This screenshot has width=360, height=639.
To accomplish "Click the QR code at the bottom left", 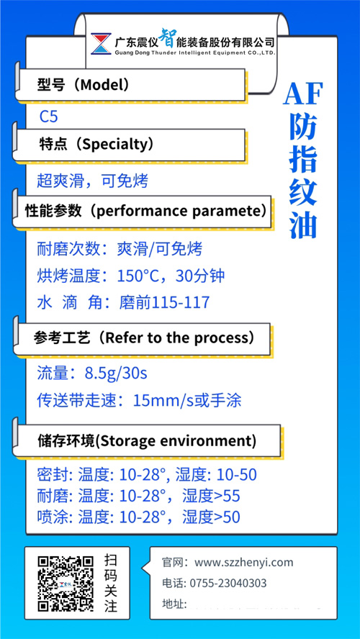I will tap(66, 583).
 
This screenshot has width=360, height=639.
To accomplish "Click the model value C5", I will tap(49, 115).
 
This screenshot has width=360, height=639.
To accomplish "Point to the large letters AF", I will tap(303, 94).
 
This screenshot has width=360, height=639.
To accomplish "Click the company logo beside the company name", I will tap(100, 44).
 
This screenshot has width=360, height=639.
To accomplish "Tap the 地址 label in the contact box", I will tap(174, 604).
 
